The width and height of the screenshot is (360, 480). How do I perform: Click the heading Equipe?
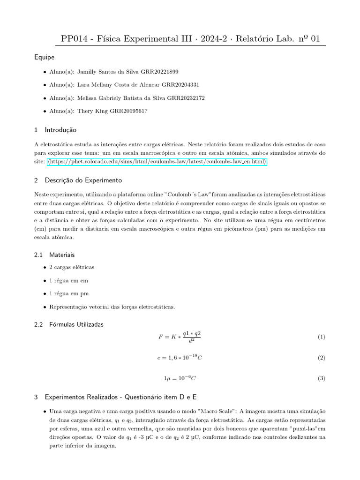click(44, 57)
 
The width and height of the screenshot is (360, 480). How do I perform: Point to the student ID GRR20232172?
click(186, 98)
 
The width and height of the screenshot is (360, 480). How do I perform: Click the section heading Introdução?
click(60, 129)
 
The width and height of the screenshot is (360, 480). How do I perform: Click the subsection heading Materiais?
click(60, 255)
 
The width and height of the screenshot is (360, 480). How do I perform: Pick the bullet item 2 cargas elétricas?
click(72, 267)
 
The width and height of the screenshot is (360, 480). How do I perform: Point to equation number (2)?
click(321, 358)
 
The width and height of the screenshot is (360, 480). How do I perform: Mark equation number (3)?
click(321, 378)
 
